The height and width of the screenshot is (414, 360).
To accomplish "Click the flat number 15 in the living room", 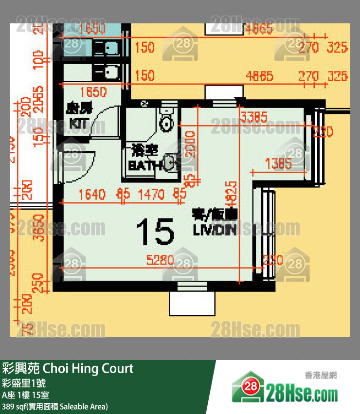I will pos(155,231).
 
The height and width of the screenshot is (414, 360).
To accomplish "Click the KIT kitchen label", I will pos(79,116).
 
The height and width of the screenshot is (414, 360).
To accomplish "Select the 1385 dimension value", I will pos(279,164).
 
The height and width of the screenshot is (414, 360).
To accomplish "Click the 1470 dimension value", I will pos(151,195).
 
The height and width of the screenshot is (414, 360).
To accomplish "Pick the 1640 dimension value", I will pos(91,195).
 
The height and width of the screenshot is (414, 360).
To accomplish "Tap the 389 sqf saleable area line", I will pos(54,406).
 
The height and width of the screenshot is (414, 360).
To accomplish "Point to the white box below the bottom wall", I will pos(192,303).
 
